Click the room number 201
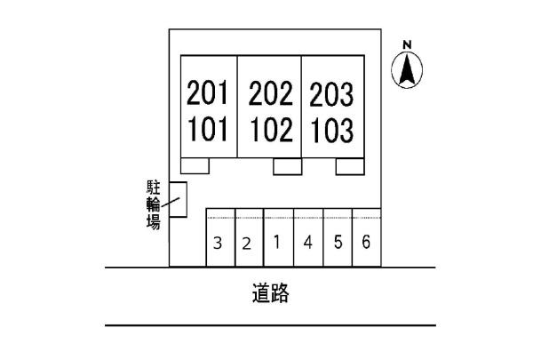[x=207, y=92]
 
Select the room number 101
[x=208, y=129]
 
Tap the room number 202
[x=271, y=93]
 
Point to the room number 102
[x=272, y=129]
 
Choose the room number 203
[x=331, y=94]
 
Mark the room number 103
[x=332, y=131]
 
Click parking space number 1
[x=277, y=242]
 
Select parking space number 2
[x=247, y=244]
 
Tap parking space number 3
[x=218, y=244]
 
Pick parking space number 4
[x=308, y=243]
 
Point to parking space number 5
[x=338, y=242]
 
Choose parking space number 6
[x=366, y=242]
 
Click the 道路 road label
[x=271, y=293]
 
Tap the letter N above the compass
[x=407, y=44]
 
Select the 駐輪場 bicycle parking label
[x=154, y=204]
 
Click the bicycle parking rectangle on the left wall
[x=179, y=199]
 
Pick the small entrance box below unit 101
[x=195, y=165]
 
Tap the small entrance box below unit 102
[x=288, y=166]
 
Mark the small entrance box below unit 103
[x=350, y=166]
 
